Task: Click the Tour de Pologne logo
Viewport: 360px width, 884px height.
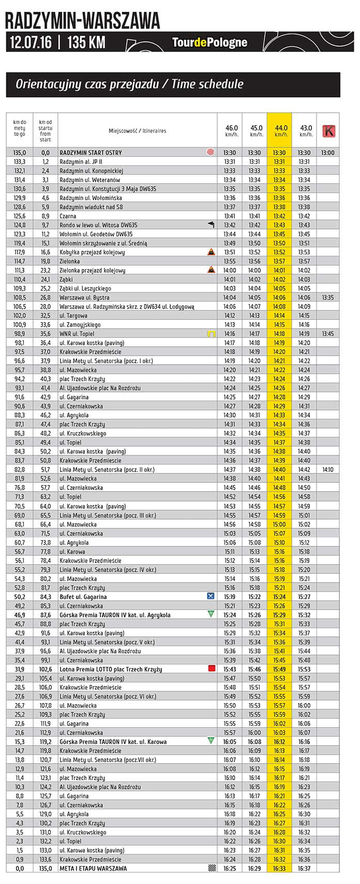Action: (209, 42)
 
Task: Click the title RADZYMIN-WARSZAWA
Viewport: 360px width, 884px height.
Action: (83, 21)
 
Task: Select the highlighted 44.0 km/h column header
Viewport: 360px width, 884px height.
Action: (279, 131)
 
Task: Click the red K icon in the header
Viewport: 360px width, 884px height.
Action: (328, 131)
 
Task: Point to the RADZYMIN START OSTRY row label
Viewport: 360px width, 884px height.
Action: (91, 153)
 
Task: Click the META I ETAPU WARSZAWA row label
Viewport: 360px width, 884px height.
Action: (93, 868)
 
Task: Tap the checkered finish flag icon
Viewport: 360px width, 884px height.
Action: (211, 868)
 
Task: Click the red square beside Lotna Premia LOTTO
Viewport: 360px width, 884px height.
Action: (211, 669)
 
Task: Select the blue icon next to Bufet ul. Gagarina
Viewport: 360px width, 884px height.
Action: (211, 597)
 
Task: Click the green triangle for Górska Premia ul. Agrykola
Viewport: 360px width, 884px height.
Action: (211, 615)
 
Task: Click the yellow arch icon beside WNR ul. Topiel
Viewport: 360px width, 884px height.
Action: (211, 334)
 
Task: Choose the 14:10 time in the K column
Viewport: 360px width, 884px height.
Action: (327, 470)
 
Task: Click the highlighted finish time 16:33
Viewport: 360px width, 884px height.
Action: (279, 868)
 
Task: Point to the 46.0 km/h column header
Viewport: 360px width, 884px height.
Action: (230, 131)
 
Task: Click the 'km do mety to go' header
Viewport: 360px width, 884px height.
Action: (19, 131)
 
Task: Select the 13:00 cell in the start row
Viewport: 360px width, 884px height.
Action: (327, 153)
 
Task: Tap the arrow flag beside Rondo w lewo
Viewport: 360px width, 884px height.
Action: (211, 225)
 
